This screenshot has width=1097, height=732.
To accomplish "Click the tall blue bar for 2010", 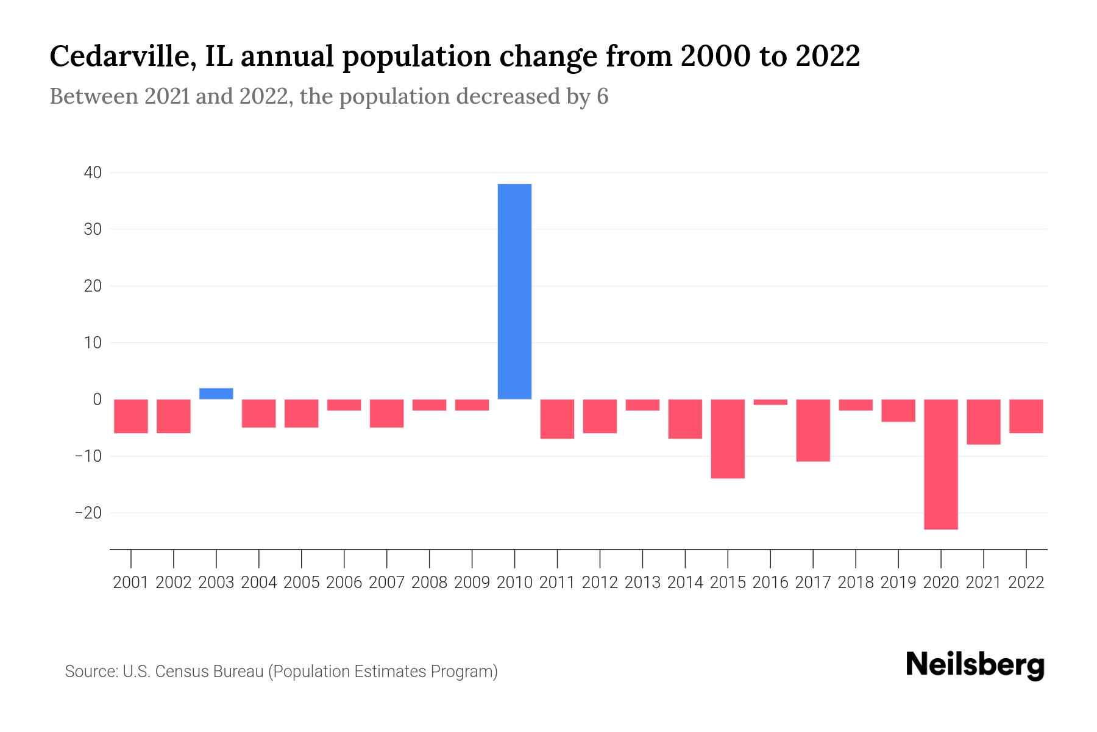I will click(514, 292).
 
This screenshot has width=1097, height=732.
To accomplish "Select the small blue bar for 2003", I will click(216, 393).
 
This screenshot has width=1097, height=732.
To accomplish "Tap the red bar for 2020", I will click(941, 464).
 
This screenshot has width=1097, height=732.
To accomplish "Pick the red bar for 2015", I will click(728, 439).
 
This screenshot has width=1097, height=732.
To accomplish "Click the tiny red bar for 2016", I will click(770, 402).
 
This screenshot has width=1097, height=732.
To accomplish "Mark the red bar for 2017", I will click(813, 430).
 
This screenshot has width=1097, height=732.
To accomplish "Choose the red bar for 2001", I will click(131, 416).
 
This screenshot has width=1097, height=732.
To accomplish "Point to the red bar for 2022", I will click(1026, 416).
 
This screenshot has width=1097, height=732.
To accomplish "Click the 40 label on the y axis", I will click(93, 173).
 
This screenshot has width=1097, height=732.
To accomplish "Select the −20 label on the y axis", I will click(88, 513).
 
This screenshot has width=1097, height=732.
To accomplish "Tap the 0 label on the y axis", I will click(97, 400).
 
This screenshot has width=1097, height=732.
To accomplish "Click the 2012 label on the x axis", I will click(600, 583).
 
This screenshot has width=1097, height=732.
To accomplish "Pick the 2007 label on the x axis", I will click(386, 583).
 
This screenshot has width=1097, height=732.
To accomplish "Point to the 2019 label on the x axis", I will click(898, 583).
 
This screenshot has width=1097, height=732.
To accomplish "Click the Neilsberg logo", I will click(975, 666).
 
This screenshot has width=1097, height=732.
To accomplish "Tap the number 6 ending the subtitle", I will click(602, 97).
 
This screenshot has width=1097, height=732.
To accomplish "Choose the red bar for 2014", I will click(685, 419).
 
